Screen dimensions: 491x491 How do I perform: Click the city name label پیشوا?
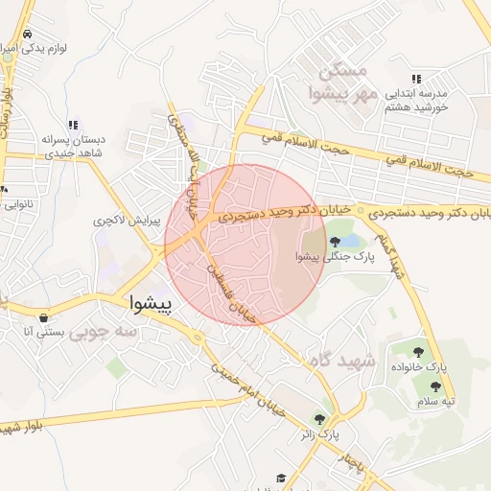click(x=152, y=304)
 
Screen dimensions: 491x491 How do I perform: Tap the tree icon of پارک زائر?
click(x=319, y=419)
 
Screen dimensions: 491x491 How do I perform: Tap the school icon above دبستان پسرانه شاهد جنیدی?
click(x=73, y=125)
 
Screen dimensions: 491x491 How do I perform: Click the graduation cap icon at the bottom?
click(x=281, y=478)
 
